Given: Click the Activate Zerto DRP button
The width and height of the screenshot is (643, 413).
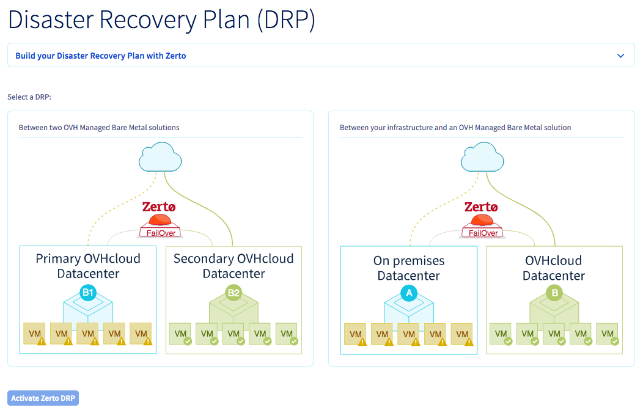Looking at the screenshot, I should pos(43,398).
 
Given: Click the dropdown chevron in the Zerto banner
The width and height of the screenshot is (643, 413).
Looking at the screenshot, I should pos(620,56).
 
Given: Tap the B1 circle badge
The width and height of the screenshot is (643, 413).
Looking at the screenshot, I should pos(88,293).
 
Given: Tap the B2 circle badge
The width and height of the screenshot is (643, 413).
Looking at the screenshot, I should pos(233,293).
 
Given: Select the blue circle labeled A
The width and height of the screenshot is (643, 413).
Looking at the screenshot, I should pos(409,294).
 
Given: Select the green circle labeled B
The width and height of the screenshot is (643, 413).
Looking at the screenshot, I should pos(554,294).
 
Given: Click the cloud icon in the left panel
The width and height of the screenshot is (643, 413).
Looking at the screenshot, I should pos(160,159).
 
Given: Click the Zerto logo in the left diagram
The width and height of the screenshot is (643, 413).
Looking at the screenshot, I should pos(160,207).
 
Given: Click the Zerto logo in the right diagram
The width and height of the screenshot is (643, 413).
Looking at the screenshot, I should pos(482,207).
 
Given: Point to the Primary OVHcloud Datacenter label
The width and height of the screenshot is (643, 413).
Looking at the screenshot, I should pos(88,266).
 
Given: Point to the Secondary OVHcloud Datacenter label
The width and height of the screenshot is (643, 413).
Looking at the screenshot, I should pos(233,266).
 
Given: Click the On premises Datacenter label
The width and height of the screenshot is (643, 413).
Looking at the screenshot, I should pos(409,268).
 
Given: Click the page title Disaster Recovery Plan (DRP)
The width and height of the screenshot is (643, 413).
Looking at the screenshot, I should pos(161,20).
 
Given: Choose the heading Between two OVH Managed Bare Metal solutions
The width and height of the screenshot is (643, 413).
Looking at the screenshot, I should pos(99,128).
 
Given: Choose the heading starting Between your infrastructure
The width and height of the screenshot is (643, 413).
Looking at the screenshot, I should pos(455,128).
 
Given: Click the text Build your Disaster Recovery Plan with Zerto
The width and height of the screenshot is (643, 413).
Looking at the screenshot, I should pos(101,56).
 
